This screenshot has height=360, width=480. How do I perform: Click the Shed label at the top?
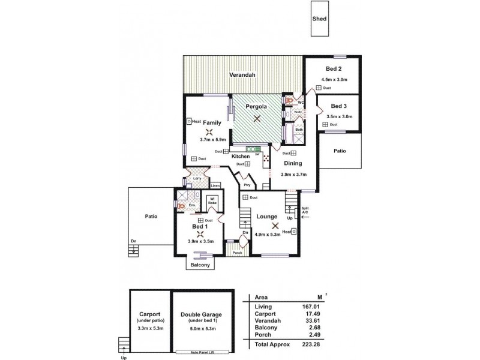click(x=320, y=19)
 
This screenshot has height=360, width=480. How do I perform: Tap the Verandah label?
click(x=242, y=75)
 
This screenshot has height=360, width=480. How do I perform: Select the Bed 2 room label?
click(x=333, y=69)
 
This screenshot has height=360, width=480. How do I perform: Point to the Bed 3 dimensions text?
click(x=339, y=116)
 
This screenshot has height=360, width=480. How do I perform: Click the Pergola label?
click(x=256, y=107)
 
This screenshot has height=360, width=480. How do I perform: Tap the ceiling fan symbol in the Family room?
click(x=209, y=133)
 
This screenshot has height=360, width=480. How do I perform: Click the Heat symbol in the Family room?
click(x=190, y=120)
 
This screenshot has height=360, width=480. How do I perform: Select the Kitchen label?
click(x=241, y=156)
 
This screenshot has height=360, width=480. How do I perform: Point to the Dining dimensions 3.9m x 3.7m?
click(x=293, y=175)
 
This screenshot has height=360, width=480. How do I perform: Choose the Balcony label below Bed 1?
click(x=199, y=265)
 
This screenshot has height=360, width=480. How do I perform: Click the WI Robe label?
click(x=212, y=201)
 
